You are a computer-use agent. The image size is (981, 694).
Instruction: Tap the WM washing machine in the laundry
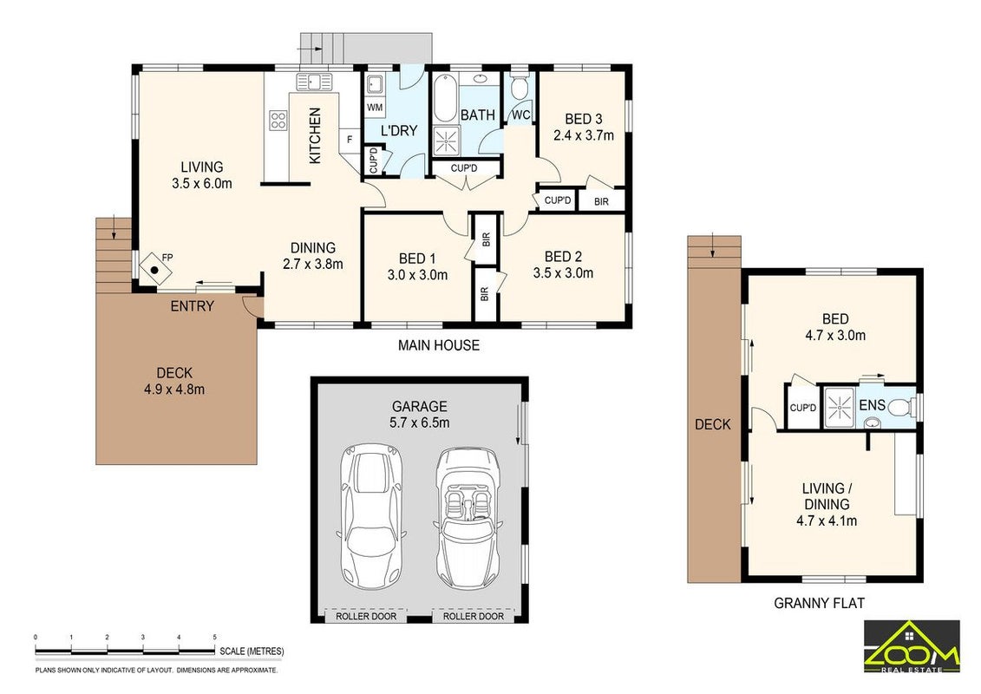pyautogui.click(x=375, y=107)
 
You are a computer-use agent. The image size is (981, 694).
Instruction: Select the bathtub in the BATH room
pyautogui.click(x=445, y=98)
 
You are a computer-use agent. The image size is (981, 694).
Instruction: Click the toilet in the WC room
pyautogui.click(x=519, y=87)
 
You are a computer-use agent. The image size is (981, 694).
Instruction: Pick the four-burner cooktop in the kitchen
pyautogui.click(x=278, y=121)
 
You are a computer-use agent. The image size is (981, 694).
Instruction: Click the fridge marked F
pyautogui.click(x=350, y=140)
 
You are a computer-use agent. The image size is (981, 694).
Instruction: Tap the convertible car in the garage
pyautogui.click(x=468, y=518)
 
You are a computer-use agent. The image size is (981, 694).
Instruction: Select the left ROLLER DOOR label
pyautogui.click(x=366, y=617)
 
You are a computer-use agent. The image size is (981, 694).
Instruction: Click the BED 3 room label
pyautogui.click(x=583, y=119)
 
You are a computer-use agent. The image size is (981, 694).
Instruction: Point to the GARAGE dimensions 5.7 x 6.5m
pyautogui.click(x=419, y=422)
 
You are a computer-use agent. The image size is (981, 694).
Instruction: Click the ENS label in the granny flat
pyautogui.click(x=872, y=405)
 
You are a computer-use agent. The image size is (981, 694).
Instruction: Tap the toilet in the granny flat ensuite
pyautogui.click(x=900, y=408)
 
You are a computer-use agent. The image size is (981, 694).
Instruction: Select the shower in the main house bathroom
pyautogui.click(x=446, y=141)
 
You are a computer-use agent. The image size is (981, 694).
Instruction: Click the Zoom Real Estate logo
pyautogui.click(x=912, y=647)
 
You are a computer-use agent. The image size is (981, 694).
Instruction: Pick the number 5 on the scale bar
pyautogui.click(x=214, y=637)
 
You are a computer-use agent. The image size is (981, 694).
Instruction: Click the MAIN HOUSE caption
pyautogui.click(x=439, y=344)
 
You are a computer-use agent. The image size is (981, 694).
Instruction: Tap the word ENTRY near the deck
pyautogui.click(x=193, y=306)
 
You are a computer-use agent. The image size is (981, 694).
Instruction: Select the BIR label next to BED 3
pyautogui.click(x=601, y=201)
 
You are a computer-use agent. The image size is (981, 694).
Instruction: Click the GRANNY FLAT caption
pyautogui.click(x=819, y=603)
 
